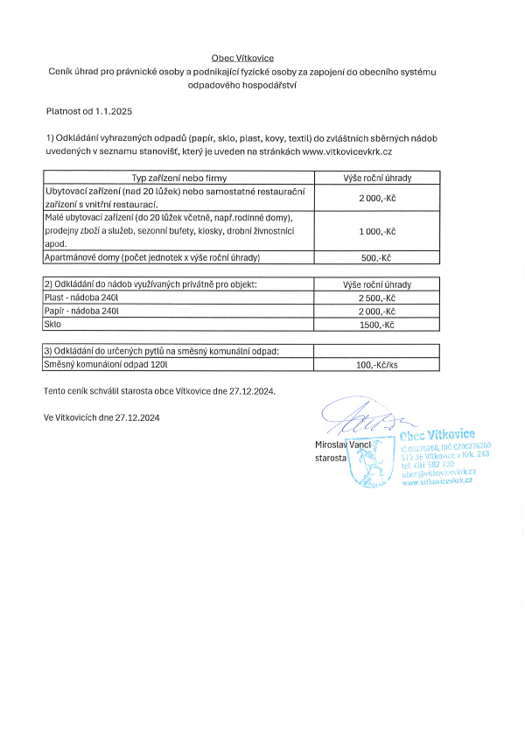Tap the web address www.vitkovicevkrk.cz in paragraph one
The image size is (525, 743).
pyautogui.click(x=360, y=151)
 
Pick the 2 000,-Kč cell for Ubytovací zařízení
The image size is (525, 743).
pyautogui.click(x=377, y=198)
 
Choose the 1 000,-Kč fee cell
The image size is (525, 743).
pyautogui.click(x=377, y=230)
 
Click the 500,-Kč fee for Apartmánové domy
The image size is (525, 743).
pyautogui.click(x=379, y=258)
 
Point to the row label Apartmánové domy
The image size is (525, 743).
pyautogui.click(x=152, y=258)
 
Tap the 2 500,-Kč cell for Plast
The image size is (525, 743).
pyautogui.click(x=377, y=298)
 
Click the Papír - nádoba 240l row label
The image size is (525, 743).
pyautogui.click(x=81, y=312)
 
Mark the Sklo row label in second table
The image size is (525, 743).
pyautogui.click(x=52, y=325)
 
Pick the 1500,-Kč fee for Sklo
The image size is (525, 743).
pyautogui.click(x=378, y=325)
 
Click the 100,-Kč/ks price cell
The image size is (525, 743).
pyautogui.click(x=378, y=365)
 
